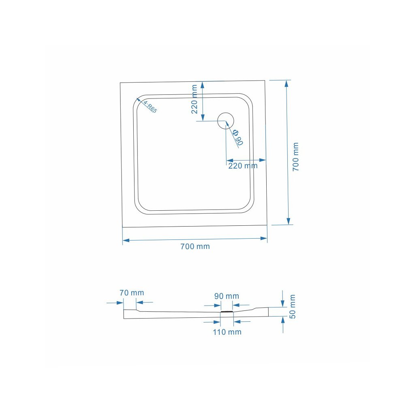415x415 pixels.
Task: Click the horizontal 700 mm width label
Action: pos(195,246)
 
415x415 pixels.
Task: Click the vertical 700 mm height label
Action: pos(296,156)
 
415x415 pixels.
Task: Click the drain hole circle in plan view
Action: pos(226,120)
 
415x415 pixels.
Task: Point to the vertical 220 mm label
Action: pos(195,99)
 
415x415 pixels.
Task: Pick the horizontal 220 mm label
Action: pos(243,166)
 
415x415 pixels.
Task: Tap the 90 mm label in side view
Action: pos(227,296)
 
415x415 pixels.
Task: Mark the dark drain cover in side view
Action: pos(227,312)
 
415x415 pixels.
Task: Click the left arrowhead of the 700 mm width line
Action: pos(126,240)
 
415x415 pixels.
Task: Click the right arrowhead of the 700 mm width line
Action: pos(264,238)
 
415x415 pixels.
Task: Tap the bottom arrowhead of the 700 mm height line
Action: pos(288,221)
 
